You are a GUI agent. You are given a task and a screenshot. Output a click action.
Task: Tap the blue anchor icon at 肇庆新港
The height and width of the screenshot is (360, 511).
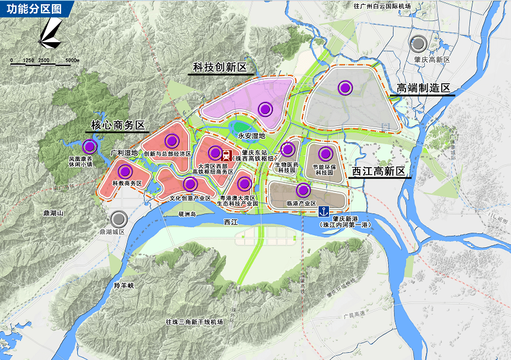[324, 211]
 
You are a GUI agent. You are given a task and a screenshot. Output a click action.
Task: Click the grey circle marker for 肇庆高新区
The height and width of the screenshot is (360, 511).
[417, 43]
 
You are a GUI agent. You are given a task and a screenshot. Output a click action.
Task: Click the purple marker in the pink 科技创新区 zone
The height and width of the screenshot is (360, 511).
[265, 109]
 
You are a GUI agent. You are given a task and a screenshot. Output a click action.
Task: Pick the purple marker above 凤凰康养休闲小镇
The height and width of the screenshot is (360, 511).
[90, 146]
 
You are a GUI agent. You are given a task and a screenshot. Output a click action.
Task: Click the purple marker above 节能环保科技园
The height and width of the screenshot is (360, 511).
[325, 154]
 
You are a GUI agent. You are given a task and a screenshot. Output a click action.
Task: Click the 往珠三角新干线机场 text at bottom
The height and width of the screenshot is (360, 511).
[194, 322]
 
